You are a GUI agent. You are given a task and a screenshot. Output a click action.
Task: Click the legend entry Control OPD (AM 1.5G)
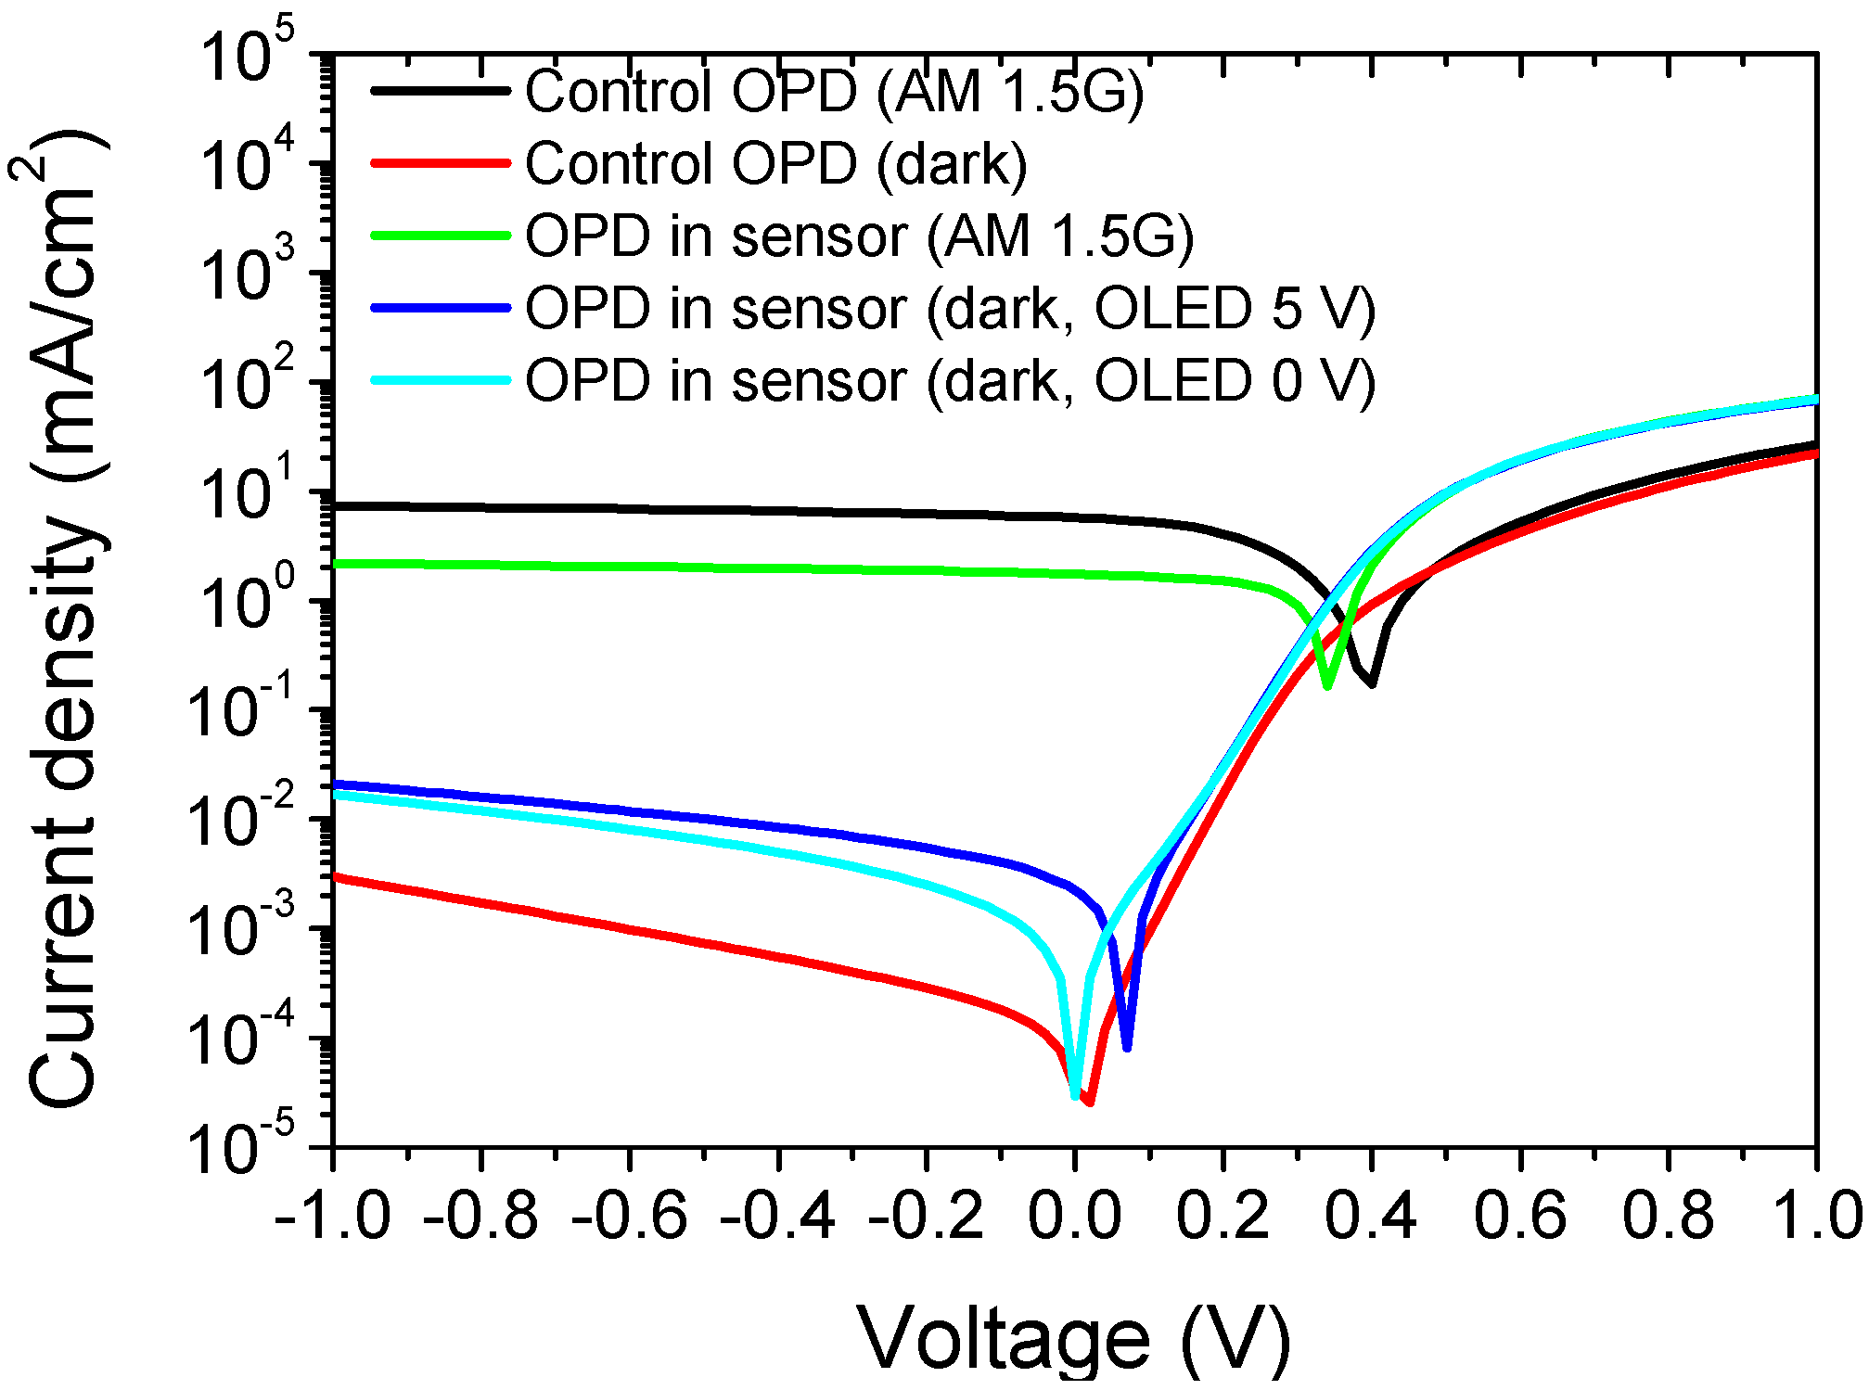[835, 91]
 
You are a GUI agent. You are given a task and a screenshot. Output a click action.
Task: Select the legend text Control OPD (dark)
[776, 163]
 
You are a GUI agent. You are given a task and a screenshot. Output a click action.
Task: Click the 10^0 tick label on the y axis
[247, 600]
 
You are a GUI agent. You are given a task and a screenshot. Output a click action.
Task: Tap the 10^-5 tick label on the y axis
[247, 1146]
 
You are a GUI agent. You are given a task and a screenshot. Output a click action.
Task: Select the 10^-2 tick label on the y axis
[247, 818]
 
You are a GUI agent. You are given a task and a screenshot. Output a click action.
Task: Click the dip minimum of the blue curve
[1126, 1048]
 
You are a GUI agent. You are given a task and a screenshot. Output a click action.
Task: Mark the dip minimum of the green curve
[1328, 687]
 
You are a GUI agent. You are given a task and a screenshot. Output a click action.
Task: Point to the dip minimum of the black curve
[1371, 684]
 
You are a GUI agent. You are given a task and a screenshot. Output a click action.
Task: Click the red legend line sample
[441, 163]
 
